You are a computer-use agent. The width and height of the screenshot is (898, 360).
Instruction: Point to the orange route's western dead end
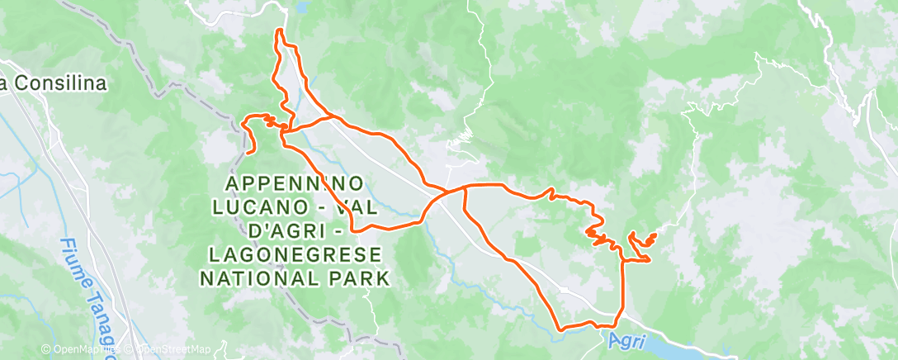click(x=248, y=153)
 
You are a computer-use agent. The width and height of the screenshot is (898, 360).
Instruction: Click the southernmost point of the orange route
click(x=562, y=329)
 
